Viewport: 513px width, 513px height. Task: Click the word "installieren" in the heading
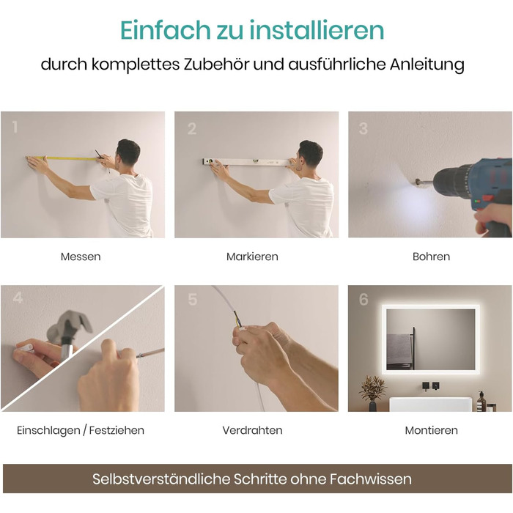[317, 30]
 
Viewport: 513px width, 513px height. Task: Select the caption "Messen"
[81, 256]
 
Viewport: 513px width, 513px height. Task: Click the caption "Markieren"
[252, 256]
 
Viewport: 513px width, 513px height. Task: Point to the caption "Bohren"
[431, 256]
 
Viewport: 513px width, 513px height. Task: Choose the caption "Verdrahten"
[252, 430]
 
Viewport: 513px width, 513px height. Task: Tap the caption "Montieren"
[431, 430]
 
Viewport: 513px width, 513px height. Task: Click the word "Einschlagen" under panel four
[48, 431]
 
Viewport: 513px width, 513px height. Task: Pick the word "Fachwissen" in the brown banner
[370, 479]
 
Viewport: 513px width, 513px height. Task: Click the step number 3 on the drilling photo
[363, 128]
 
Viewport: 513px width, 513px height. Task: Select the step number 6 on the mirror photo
[363, 299]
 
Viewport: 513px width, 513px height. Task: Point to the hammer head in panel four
[68, 325]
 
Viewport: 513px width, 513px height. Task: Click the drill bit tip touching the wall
[417, 180]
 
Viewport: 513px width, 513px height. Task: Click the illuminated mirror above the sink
[431, 339]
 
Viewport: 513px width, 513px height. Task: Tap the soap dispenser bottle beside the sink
[481, 402]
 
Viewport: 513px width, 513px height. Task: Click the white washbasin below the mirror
[432, 405]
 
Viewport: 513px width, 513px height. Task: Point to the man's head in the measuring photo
[128, 152]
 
